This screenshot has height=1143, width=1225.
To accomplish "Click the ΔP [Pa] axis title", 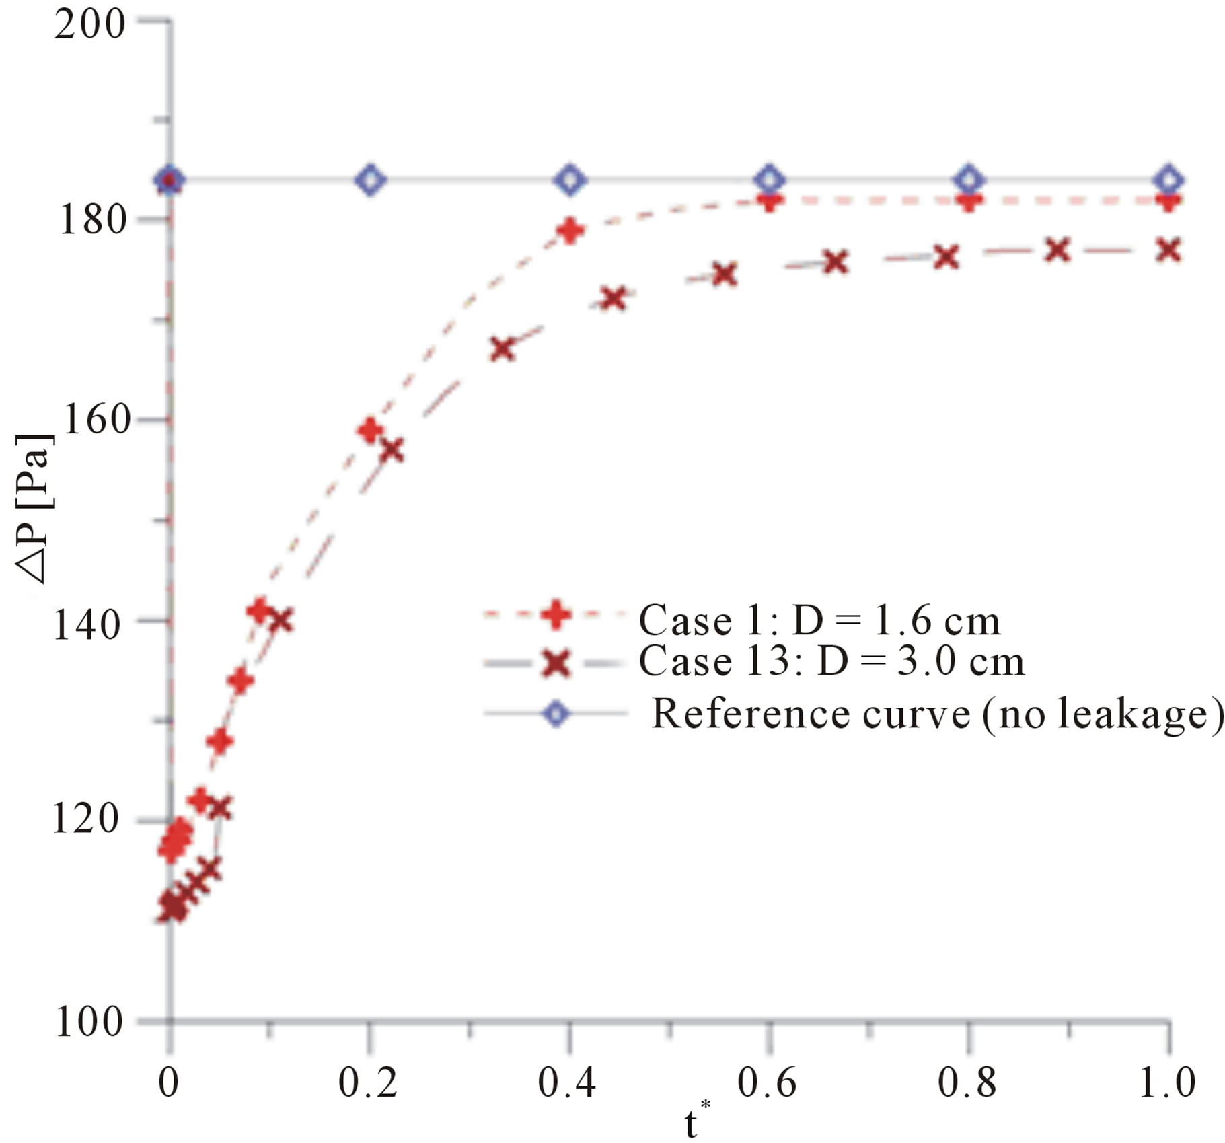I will [34, 508].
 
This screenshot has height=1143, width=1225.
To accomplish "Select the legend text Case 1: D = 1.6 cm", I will [819, 620].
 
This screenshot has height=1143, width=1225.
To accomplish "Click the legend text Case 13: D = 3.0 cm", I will [831, 661].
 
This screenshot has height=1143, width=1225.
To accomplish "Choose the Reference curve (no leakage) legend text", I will [938, 713].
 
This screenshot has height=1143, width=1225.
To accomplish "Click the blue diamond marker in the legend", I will [556, 713].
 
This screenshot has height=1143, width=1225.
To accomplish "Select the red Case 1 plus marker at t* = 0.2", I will [370, 430].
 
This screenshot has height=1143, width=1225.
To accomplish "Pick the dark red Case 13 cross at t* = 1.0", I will [1168, 250].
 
